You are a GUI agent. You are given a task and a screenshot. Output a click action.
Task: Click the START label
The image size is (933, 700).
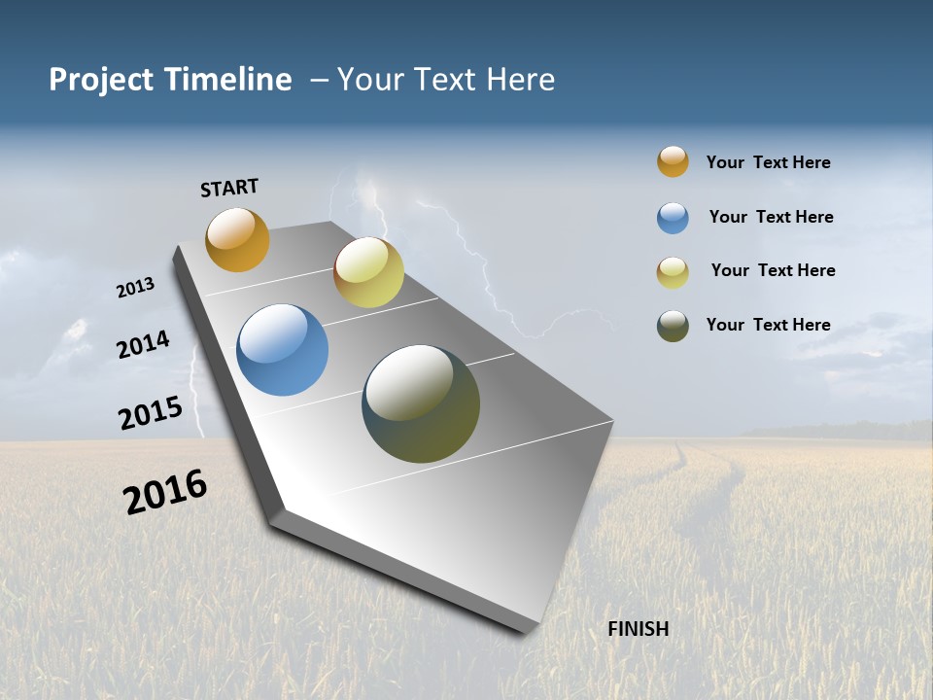(x=229, y=188)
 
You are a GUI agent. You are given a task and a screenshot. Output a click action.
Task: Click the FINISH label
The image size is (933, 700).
(x=639, y=629)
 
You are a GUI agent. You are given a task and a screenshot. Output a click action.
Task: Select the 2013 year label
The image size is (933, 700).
(x=135, y=288)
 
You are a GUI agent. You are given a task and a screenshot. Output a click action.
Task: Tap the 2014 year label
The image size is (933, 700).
(x=143, y=344)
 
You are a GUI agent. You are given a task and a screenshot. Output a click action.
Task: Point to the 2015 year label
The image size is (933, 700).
(x=151, y=412)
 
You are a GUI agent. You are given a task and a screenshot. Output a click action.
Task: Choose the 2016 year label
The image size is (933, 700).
(x=165, y=492)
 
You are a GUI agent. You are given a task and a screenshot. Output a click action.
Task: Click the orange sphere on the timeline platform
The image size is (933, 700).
(x=237, y=239)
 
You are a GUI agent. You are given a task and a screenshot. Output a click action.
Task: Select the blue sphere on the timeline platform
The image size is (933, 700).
(x=282, y=350)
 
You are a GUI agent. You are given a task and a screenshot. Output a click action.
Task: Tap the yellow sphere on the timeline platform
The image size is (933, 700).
(x=368, y=272)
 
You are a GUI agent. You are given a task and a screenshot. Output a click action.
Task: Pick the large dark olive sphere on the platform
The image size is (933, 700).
(x=421, y=403)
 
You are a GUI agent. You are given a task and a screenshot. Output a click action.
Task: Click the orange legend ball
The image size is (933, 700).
(x=673, y=161)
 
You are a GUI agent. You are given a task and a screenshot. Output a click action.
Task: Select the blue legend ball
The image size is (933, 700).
(x=673, y=218)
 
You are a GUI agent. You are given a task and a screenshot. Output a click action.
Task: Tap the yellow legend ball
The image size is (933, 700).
(x=673, y=272)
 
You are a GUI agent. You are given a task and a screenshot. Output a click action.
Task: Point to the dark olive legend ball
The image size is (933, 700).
(x=673, y=326)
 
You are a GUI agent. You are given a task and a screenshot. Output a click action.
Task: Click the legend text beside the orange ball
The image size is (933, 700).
(x=768, y=162)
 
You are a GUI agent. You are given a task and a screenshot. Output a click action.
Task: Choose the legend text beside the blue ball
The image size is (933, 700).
(x=771, y=217)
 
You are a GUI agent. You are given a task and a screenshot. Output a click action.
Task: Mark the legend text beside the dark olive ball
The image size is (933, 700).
(x=768, y=325)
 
